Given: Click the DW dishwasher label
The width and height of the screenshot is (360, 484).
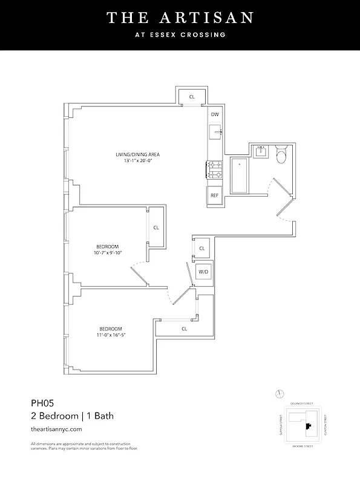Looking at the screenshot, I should click(215, 115).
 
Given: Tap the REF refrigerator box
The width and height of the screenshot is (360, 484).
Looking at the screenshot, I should click(214, 195).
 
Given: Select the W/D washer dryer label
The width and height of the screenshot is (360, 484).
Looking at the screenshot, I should click(203, 272).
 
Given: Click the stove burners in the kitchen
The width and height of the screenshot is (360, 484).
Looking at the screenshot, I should click(214, 169).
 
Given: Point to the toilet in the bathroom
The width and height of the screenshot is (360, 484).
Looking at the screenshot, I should click(281, 156).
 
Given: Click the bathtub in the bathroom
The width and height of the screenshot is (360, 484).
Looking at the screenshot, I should click(239, 175).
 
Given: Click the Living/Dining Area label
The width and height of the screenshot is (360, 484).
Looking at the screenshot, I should click(137, 155).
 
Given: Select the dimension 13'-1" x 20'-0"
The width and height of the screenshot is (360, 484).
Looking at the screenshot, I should click(137, 162).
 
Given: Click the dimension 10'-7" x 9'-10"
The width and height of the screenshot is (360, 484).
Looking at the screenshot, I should click(109, 253).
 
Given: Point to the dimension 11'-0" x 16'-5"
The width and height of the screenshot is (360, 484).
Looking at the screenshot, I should click(115, 335).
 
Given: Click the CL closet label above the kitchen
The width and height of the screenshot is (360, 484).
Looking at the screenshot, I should click(192, 97).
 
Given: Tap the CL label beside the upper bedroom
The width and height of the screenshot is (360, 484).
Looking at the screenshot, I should click(156, 228).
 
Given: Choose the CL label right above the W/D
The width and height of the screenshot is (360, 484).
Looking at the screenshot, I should click(201, 248).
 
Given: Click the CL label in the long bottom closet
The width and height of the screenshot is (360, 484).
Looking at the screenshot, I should click(184, 329).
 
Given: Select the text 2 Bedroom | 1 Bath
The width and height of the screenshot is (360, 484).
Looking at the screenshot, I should click(72, 416).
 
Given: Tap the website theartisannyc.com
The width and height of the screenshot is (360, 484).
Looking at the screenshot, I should click(56, 429).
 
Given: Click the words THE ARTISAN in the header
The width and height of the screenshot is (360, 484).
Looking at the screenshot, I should click(180, 18).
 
